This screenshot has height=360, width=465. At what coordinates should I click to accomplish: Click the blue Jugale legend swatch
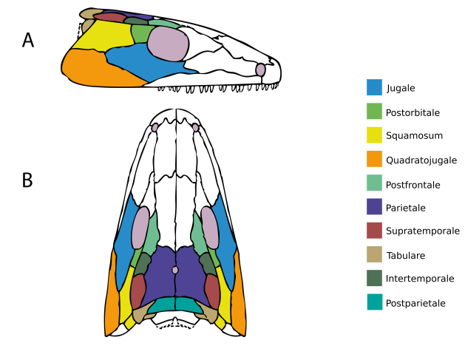tap(374, 87)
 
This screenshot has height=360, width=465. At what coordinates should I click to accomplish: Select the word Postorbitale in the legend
tap(413, 112)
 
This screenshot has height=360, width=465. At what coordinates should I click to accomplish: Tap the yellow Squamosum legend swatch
tap(374, 135)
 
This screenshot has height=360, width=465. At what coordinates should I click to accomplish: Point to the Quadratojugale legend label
tap(421, 160)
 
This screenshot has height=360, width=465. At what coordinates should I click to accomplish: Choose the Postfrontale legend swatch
tap(374, 183)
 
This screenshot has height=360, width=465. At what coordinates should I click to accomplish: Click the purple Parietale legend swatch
tap(374, 207)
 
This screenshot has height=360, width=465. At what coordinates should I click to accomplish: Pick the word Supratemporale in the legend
tap(422, 231)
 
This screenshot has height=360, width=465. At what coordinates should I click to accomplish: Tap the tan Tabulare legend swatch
tap(374, 254)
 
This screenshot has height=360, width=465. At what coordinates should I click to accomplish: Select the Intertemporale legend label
tap(419, 279)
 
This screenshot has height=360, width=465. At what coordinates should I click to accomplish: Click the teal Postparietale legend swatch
tap(374, 302)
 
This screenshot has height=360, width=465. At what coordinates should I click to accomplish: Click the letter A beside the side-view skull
tap(28, 41)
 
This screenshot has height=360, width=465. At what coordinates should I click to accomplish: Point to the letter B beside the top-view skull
tap(27, 180)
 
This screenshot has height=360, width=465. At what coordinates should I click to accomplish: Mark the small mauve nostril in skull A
tap(260, 69)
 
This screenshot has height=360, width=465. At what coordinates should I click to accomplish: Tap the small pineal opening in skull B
tap(175, 270)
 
